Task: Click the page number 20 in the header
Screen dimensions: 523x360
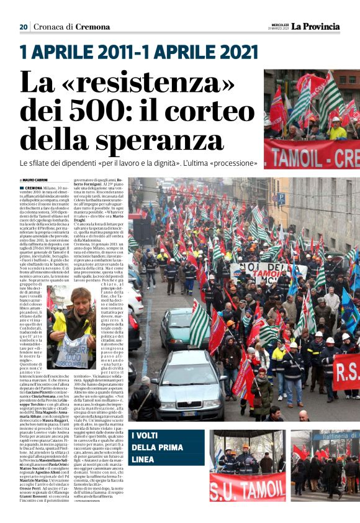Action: pyautogui.click(x=24, y=27)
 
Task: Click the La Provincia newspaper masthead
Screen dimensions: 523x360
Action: pyautogui.click(x=316, y=26)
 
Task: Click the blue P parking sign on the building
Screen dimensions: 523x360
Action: pyautogui.click(x=281, y=197)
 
